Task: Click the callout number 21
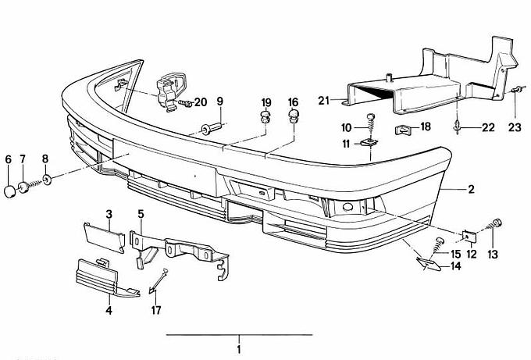pos(324,99)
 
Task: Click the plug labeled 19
pos(265,118)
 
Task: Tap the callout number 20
pos(201,102)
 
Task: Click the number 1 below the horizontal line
pos(239,348)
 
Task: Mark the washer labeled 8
pos(48,180)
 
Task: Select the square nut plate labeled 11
pos(368,144)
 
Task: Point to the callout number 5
pos(141,213)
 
